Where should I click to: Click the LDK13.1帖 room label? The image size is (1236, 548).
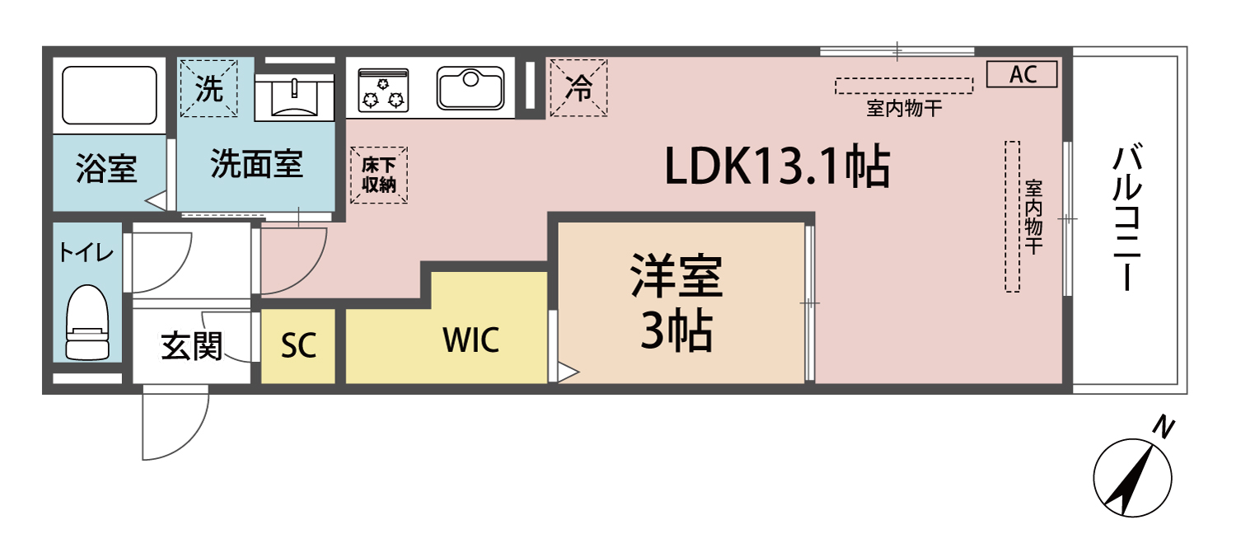777,168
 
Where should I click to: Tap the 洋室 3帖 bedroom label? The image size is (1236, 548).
677,304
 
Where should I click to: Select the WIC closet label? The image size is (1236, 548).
471,340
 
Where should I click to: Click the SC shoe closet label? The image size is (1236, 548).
297,346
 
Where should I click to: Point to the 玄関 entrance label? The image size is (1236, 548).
191,346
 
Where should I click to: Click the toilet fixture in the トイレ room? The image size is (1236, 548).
87,323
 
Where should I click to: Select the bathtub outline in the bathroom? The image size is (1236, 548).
110,96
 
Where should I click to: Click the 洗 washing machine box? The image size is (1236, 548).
209,89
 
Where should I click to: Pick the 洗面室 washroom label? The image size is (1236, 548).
256,163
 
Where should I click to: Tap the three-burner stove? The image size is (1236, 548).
384,89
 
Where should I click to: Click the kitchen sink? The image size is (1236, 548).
471,87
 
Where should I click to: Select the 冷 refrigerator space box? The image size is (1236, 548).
579,87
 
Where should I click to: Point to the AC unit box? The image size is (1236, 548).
1022,74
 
